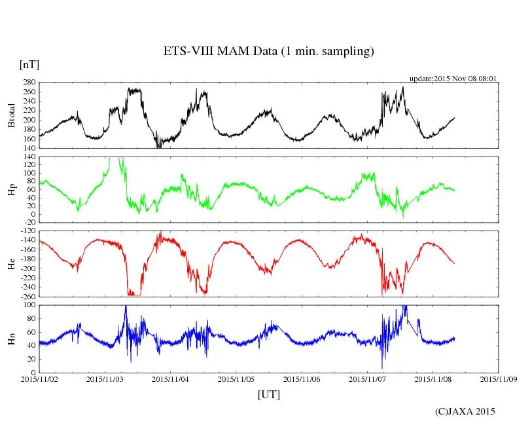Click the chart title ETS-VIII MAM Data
tap(268, 52)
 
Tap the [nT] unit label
tap(29, 65)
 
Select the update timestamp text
tap(453, 79)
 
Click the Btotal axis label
tap(12, 115)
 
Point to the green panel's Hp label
tap(12, 190)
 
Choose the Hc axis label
tap(12, 264)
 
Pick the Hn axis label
tap(12, 338)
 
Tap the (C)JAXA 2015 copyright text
tap(465, 411)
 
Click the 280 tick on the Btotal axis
tap(29, 83)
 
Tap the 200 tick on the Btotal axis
tap(29, 121)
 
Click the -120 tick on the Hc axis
tap(26, 233)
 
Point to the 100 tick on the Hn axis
tap(29, 305)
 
